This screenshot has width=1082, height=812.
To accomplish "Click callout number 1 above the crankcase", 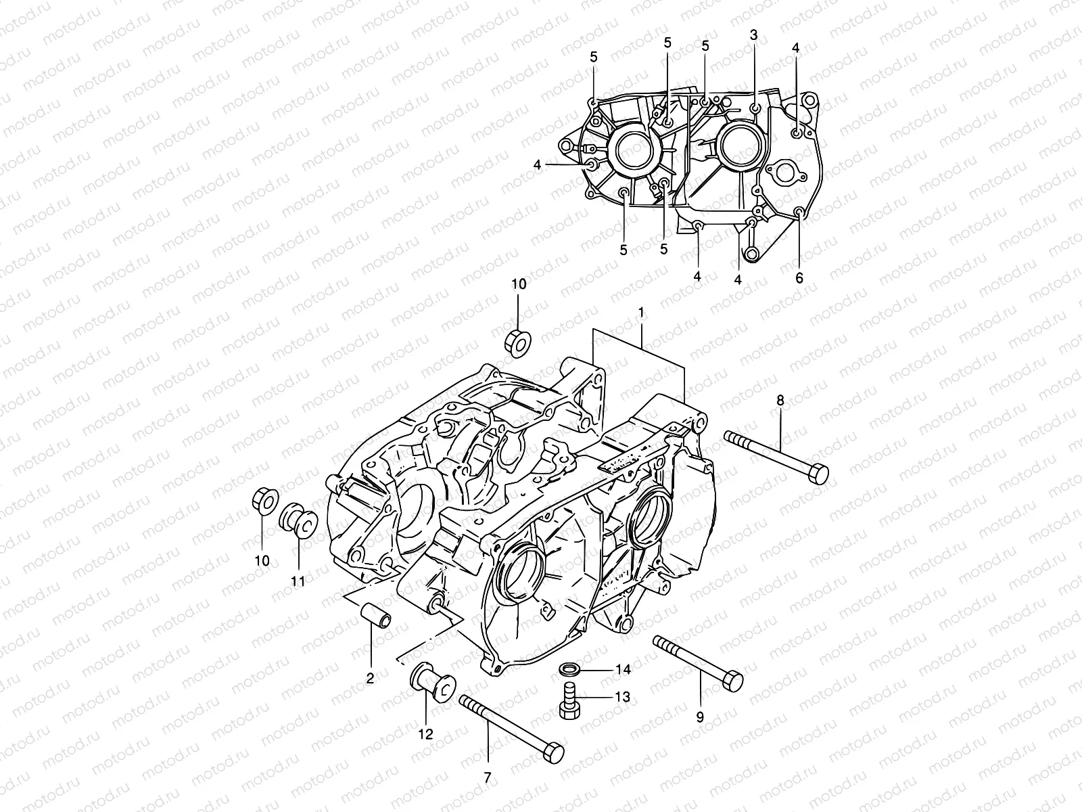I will tap(640, 313).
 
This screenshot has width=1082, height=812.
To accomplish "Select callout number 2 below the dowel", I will tap(370, 679).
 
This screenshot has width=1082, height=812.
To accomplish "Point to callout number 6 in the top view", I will tap(799, 277).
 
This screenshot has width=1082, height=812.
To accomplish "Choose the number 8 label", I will tap(780, 401).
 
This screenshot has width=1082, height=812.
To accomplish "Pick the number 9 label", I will tap(700, 716).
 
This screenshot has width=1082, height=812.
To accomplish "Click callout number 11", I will tap(298, 581).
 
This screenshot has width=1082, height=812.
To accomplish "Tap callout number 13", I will tap(623, 696).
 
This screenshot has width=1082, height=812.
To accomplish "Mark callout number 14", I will tap(623, 669).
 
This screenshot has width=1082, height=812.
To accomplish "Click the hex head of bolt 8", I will tap(818, 474).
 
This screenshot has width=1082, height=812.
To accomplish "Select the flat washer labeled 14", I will tap(569, 670).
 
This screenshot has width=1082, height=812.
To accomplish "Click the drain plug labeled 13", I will tap(569, 701).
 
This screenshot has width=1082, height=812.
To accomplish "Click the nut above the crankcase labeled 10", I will tap(517, 342).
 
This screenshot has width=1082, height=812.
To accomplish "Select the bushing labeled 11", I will tap(300, 522).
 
